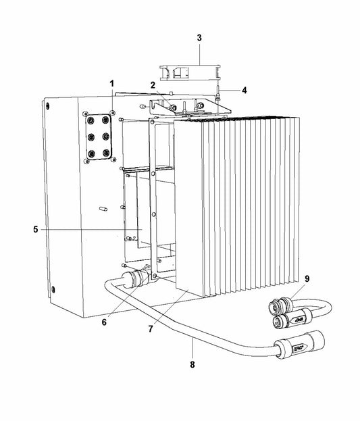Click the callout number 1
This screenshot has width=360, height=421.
pos(112,84)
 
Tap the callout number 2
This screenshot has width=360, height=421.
pos(153,85)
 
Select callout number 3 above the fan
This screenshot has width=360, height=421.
pos(199,38)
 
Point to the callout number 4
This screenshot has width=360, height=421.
pos(244,91)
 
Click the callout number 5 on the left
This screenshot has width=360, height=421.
pos(36,230)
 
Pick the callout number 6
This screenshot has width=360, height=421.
pos(104,322)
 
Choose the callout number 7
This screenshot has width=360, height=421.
pos(151,328)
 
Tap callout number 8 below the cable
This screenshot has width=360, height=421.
pos(192,365)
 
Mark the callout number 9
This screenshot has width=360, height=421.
pos(307,278)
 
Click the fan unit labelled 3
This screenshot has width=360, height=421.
pos(190,72)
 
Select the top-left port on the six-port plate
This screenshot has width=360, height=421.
pos(92,121)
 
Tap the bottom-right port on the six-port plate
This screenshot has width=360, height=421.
pos(106,153)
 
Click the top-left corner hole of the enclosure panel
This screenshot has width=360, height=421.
pos(47,105)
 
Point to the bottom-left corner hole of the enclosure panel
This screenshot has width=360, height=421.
pos(53,290)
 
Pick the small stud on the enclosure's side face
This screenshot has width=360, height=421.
pos(103,209)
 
